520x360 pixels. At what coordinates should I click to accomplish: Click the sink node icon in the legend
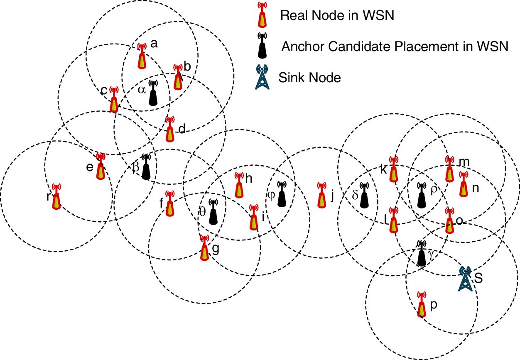(262, 78)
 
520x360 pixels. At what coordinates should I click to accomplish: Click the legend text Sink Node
(310, 77)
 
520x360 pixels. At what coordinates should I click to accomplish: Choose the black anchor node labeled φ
(282, 195)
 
